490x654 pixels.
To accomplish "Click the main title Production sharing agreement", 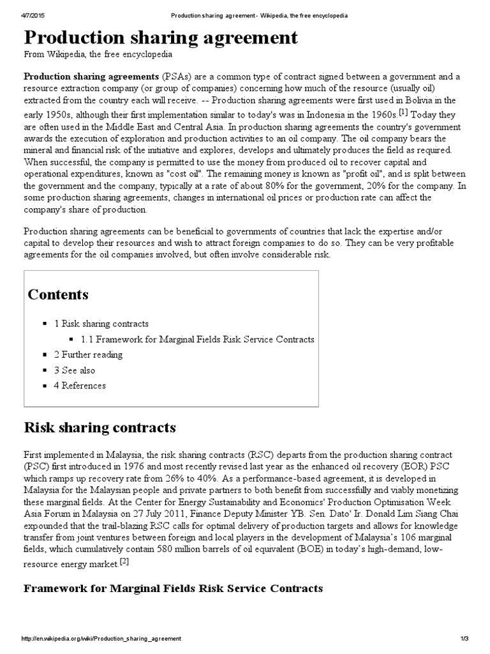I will click(161, 38).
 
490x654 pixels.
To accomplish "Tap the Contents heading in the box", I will click(58, 294).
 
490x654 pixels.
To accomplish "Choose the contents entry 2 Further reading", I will click(88, 354).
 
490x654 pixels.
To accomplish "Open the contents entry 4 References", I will click(80, 386).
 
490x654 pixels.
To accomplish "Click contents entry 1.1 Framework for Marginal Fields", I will click(197, 339).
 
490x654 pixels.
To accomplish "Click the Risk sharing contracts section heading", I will click(100, 427).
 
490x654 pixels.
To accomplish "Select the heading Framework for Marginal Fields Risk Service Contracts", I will click(173, 588).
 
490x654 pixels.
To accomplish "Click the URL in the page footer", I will click(101, 639).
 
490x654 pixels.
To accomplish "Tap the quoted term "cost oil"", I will click(214, 173).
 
